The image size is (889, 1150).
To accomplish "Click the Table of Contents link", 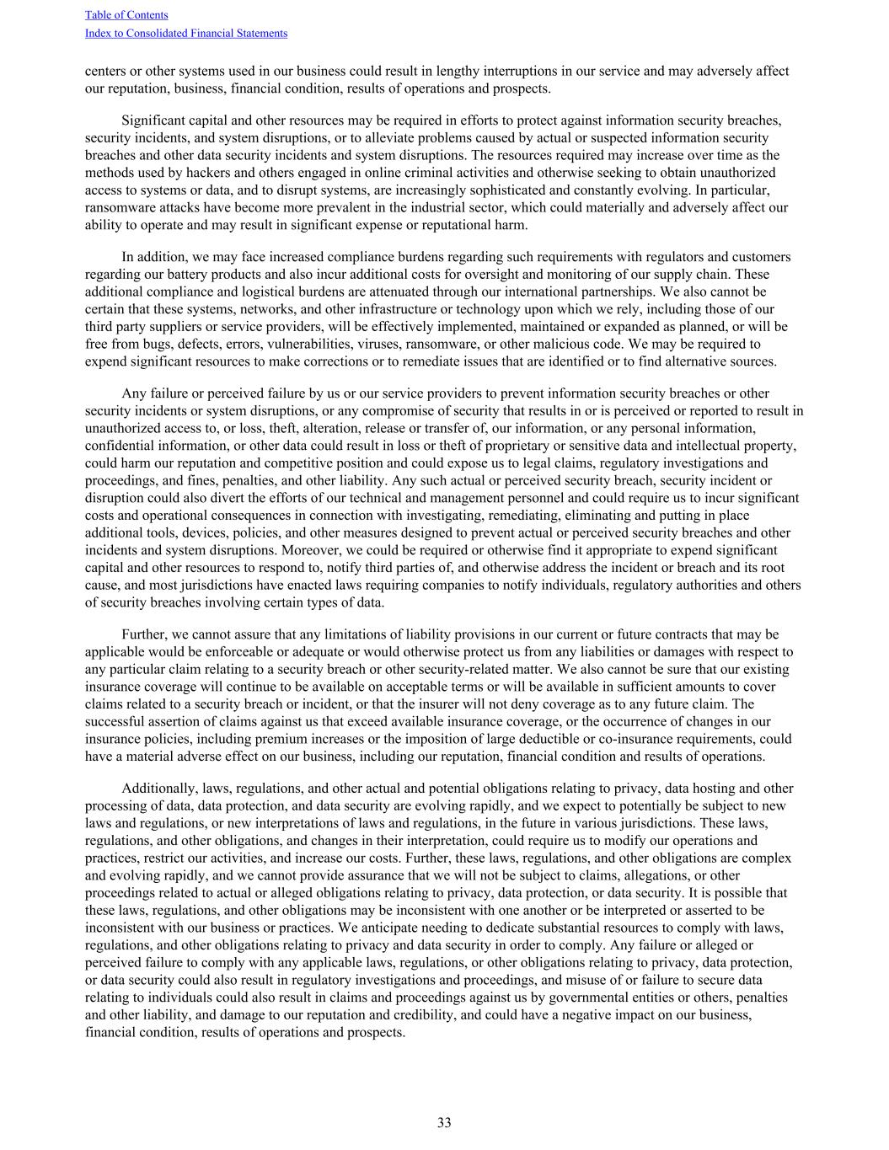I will pyautogui.click(x=126, y=15).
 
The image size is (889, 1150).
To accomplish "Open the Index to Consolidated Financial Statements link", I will pyautogui.click(x=186, y=34).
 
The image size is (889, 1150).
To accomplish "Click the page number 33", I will pyautogui.click(x=444, y=1122).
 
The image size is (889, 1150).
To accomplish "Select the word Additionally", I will pyautogui.click(x=160, y=789).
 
